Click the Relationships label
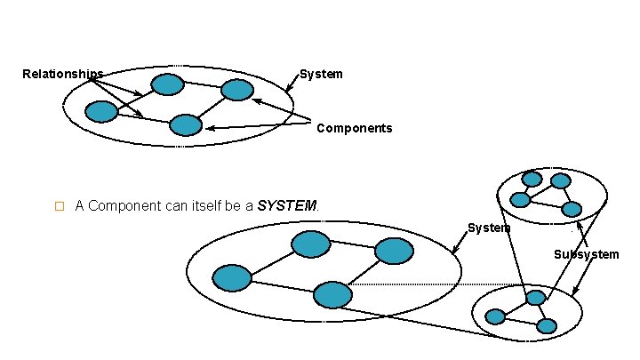click(x=62, y=74)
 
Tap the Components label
click(x=354, y=128)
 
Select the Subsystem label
click(x=586, y=254)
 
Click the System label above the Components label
click(x=321, y=75)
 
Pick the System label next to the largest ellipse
click(x=489, y=228)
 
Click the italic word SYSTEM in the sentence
click(x=287, y=206)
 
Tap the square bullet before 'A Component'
click(x=60, y=206)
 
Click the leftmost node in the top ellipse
click(x=101, y=111)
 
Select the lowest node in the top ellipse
click(x=186, y=125)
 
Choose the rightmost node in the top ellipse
click(x=236, y=90)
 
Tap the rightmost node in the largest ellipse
click(x=394, y=252)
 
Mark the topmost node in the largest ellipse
click(x=311, y=244)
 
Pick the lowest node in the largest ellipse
click(x=333, y=295)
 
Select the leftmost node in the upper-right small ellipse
click(x=520, y=199)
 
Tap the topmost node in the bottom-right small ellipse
click(x=535, y=298)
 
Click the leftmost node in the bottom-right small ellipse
click(x=495, y=316)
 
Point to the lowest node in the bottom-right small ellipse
click(x=547, y=326)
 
